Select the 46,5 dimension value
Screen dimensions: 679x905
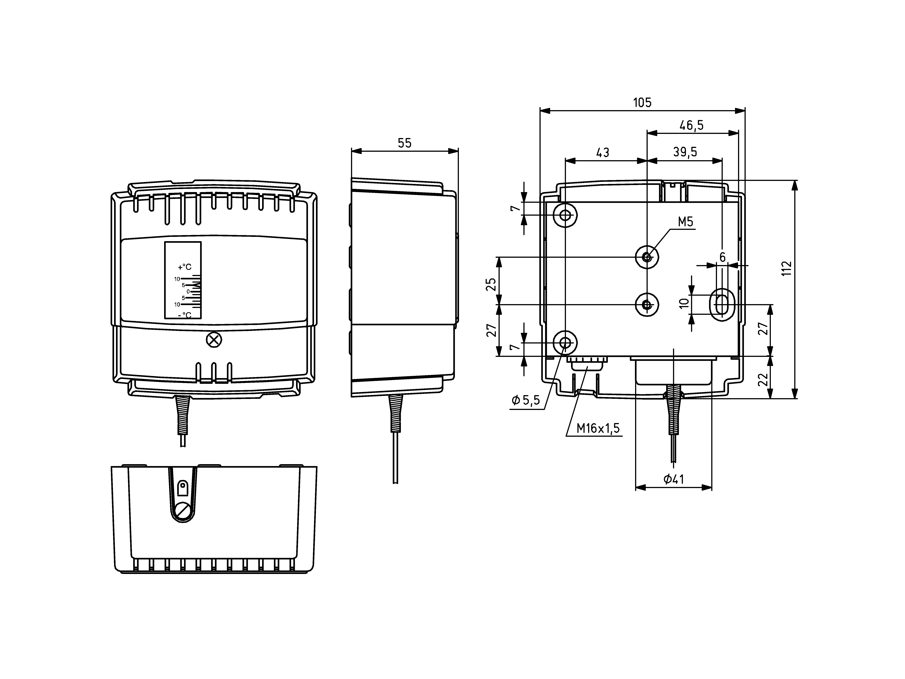(x=692, y=125)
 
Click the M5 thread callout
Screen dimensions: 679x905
(x=686, y=222)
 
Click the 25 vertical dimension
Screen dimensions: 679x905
(x=492, y=284)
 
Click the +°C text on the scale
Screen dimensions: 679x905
(x=185, y=267)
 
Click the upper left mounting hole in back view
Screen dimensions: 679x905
(x=565, y=215)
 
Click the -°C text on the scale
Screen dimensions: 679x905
(x=185, y=315)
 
